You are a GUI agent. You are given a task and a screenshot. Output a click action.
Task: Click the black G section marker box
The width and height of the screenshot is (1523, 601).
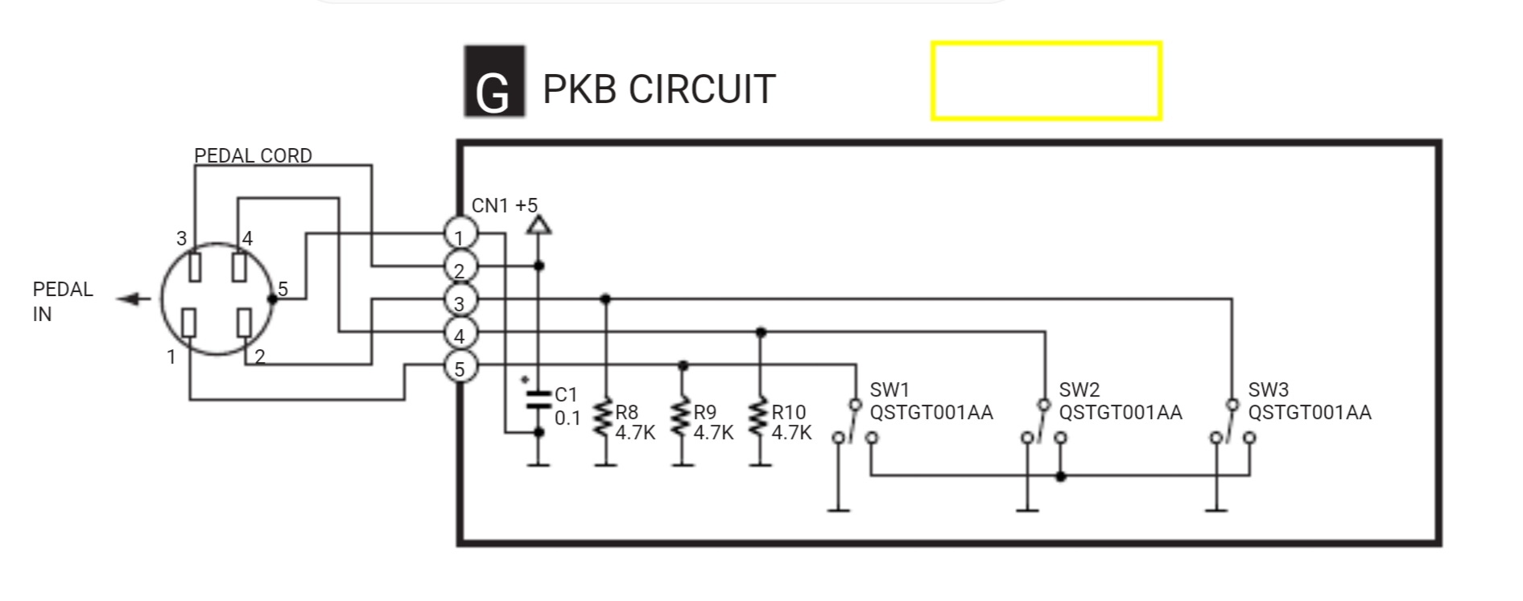tap(493, 82)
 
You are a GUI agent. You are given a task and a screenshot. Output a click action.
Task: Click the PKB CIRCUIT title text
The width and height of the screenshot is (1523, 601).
tap(658, 89)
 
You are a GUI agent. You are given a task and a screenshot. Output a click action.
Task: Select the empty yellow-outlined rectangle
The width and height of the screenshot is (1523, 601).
tap(1046, 81)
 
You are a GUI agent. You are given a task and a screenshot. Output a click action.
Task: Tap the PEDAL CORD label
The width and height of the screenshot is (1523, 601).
tap(253, 155)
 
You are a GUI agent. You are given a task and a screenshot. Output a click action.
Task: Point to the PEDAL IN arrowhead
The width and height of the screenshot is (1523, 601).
tap(129, 299)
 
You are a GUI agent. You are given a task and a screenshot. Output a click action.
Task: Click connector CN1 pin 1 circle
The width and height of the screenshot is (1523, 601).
tap(460, 235)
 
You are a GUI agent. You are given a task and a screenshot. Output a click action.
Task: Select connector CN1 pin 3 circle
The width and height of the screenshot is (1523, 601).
tap(460, 303)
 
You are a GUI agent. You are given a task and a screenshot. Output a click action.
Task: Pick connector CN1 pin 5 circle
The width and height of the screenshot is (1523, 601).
tap(460, 368)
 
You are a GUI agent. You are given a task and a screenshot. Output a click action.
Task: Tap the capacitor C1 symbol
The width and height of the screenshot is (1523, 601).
tap(539, 400)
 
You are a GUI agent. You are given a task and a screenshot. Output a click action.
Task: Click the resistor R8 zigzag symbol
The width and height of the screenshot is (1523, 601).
tap(605, 419)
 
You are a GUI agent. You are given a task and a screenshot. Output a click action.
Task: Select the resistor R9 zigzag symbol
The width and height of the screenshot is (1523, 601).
tap(683, 419)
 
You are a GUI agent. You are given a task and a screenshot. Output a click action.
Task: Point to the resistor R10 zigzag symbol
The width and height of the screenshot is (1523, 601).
tap(760, 419)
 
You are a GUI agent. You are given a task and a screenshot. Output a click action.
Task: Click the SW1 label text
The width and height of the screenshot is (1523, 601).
tap(889, 390)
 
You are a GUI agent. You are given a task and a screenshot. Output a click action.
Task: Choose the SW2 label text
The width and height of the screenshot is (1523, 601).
tap(1079, 390)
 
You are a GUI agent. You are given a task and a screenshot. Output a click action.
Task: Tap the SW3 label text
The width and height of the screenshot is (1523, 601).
tap(1268, 390)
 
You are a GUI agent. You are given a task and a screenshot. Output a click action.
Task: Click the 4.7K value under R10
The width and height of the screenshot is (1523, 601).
tap(791, 433)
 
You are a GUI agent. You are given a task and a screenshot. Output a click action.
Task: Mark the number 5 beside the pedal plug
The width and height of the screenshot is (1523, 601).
tap(283, 289)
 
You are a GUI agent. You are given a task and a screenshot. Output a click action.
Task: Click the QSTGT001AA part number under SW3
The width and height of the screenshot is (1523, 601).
tap(1309, 413)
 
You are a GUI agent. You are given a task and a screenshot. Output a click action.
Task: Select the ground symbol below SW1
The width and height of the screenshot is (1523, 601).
tap(839, 508)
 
